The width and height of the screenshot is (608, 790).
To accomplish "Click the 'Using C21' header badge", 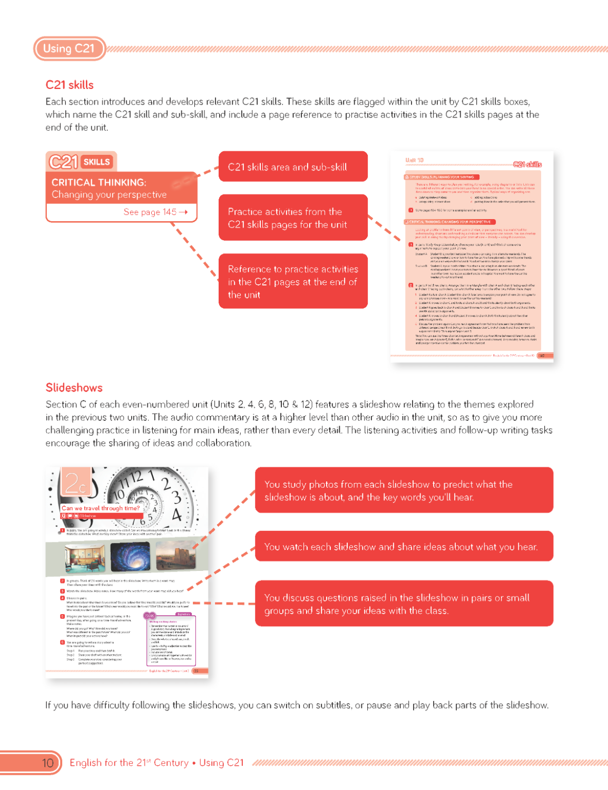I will coord(69,48).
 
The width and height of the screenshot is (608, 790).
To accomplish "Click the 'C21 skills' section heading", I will coord(70,85).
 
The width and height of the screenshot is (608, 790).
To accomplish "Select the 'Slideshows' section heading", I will coord(74,388).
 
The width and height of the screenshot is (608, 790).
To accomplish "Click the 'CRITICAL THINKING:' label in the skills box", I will coord(99,182).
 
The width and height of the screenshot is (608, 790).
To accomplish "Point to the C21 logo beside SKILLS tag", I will coord(63,162).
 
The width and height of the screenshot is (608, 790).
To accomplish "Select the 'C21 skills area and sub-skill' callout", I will coord(293,167).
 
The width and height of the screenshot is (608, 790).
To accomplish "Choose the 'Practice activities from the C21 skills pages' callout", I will coord(293,218).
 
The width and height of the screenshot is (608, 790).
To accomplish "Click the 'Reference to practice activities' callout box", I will coord(293,281).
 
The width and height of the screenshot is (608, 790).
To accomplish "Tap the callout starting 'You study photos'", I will coord(404,490).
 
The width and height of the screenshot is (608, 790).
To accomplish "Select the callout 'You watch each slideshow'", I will coord(404,547).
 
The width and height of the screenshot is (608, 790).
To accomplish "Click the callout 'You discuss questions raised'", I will coord(404,604).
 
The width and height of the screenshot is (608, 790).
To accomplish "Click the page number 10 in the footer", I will coord(47,763).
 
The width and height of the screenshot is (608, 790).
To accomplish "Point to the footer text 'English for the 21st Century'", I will coord(129,763).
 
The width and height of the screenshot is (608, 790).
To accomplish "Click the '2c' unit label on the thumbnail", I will coord(75,481).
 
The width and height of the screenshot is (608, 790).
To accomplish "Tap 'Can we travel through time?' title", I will coord(101,508).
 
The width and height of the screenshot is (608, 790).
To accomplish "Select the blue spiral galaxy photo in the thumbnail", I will coord(130,556).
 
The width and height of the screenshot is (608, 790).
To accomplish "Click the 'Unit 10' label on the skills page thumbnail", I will coord(414,160).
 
